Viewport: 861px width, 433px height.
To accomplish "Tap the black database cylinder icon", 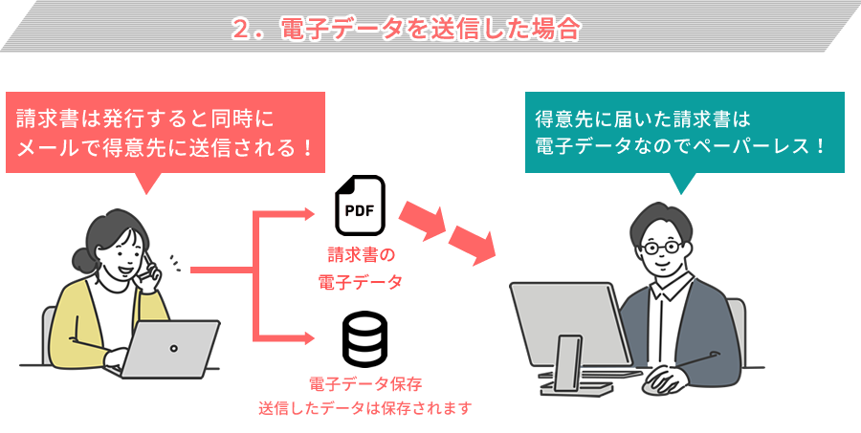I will point(364,339).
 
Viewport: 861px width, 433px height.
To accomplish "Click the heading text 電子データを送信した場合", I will point(430,28).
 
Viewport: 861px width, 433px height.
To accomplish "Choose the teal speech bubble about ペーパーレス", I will point(684,133).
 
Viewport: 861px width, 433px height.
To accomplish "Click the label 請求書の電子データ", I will point(360,269).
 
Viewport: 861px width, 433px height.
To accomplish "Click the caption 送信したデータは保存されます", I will point(365,408).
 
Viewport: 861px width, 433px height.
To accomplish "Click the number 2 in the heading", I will point(241,29).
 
